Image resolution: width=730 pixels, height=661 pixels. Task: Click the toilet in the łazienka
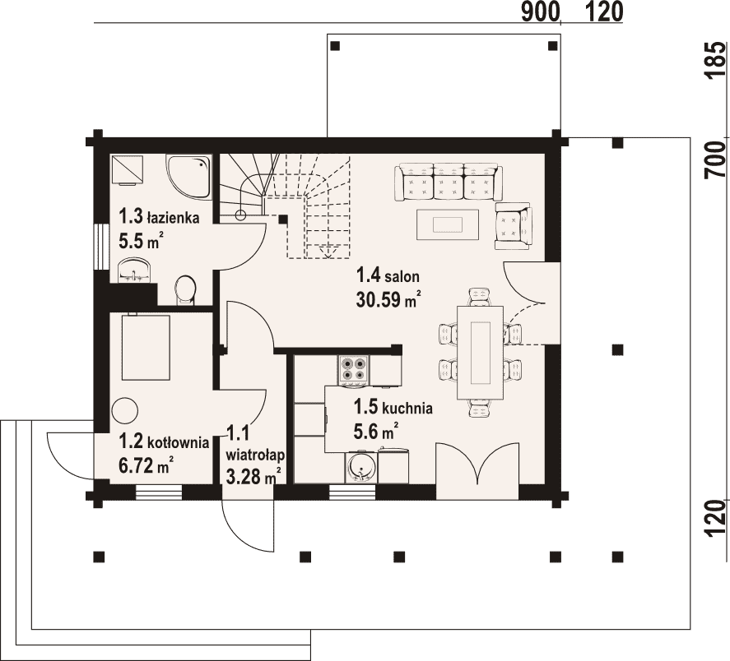pyautogui.click(x=186, y=290)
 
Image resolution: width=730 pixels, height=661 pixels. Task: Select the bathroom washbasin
pyautogui.click(x=135, y=270)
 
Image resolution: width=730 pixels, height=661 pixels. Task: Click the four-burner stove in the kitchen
pyautogui.click(x=353, y=369)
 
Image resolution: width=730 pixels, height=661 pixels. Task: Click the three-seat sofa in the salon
pyautogui.click(x=449, y=182)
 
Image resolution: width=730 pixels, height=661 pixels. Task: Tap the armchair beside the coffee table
pyautogui.click(x=514, y=226)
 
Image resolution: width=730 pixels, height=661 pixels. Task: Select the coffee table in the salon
pyautogui.click(x=448, y=224)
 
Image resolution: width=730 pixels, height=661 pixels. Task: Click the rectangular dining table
pyautogui.click(x=481, y=352)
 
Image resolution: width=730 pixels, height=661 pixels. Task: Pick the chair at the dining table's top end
pyautogui.click(x=481, y=296)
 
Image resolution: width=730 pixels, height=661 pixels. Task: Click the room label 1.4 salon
pyautogui.click(x=388, y=275)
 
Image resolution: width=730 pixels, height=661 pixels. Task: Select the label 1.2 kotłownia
pyautogui.click(x=164, y=441)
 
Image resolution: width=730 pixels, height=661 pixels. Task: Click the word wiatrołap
pyautogui.click(x=255, y=454)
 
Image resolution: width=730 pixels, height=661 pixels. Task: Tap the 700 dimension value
pyautogui.click(x=715, y=159)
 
